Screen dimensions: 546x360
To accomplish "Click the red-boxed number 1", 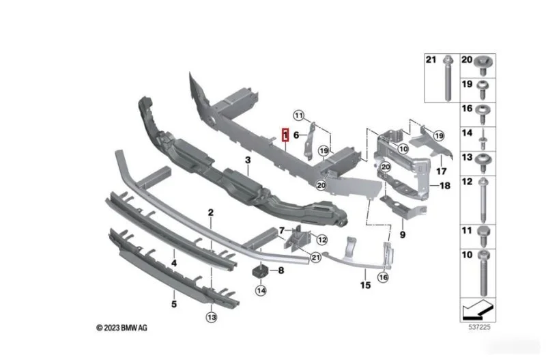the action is click(285, 135).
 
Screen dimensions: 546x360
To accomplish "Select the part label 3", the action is click(248, 161).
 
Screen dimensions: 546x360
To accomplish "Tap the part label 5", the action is click(174, 304).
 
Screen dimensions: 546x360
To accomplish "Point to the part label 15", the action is click(365, 286).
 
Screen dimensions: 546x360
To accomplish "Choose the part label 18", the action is click(445, 186).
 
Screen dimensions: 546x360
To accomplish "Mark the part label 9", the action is click(403, 235).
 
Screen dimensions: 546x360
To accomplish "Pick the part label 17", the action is click(441, 171).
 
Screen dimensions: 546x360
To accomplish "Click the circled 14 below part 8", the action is click(261, 290).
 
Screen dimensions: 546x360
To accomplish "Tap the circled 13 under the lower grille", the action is click(212, 317).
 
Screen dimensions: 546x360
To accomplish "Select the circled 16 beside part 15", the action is click(383, 277).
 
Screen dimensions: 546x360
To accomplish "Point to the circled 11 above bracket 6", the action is click(298, 115).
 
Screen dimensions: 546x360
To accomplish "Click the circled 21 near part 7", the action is click(315, 258).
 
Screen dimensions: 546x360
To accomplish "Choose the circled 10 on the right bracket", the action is click(403, 149).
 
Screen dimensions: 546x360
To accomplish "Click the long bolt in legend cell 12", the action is click(483, 200).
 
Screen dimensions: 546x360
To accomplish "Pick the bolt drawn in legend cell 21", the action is click(448, 78).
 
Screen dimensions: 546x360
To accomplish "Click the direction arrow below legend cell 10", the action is click(478, 310).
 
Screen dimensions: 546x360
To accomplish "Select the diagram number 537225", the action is click(479, 327).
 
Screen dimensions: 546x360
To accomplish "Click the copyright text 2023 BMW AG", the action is click(122, 328).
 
